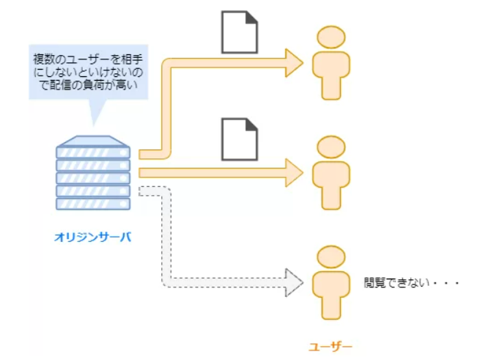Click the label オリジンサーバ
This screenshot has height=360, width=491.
click(x=93, y=237)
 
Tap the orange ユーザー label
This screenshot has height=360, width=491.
click(x=330, y=345)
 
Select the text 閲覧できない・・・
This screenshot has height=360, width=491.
click(x=410, y=281)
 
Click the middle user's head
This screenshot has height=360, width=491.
click(x=331, y=147)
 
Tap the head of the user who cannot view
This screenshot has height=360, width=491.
click(x=331, y=256)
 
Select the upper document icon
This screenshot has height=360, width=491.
click(x=240, y=32)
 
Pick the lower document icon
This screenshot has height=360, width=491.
click(x=240, y=139)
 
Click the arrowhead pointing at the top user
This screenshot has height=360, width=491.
click(x=295, y=62)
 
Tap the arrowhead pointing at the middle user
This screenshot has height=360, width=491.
click(x=295, y=172)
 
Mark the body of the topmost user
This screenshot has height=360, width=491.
click(x=331, y=73)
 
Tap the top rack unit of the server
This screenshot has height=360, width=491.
click(x=93, y=153)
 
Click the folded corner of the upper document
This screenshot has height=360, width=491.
click(x=251, y=17)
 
